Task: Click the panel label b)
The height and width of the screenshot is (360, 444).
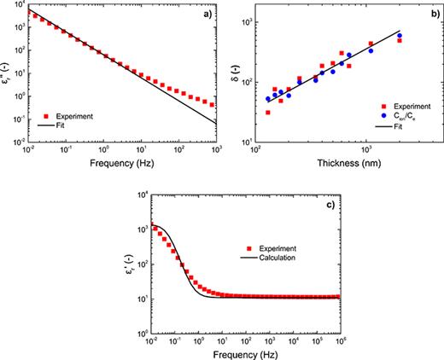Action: point(421,16)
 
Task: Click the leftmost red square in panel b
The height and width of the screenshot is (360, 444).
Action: point(268,112)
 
